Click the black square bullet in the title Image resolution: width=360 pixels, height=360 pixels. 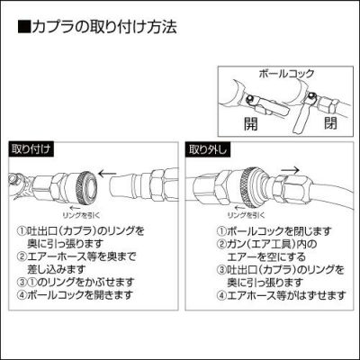24,27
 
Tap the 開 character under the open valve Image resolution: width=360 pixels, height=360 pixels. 250,124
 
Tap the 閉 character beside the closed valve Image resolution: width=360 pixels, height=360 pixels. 330,122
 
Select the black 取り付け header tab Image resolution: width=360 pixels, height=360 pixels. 31,149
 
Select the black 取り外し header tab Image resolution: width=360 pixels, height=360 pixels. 208,149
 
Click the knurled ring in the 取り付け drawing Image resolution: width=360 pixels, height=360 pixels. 85,186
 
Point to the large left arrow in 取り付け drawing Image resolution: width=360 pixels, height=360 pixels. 107,174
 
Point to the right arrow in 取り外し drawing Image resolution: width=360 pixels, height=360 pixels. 291,170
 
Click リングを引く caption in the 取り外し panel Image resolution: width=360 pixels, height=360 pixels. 246,215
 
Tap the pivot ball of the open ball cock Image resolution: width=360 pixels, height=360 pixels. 250,99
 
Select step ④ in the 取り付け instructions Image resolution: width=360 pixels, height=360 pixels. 76,295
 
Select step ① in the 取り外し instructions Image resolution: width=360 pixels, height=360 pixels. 274,231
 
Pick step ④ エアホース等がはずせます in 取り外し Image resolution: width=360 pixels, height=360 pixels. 281,296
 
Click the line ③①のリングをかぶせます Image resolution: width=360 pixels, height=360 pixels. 76,283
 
